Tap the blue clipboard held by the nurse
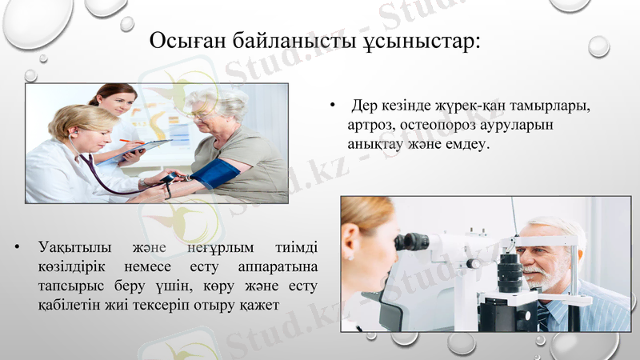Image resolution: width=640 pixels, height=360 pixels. tap(144, 150)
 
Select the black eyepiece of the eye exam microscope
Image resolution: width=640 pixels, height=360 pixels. tap(411, 241)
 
